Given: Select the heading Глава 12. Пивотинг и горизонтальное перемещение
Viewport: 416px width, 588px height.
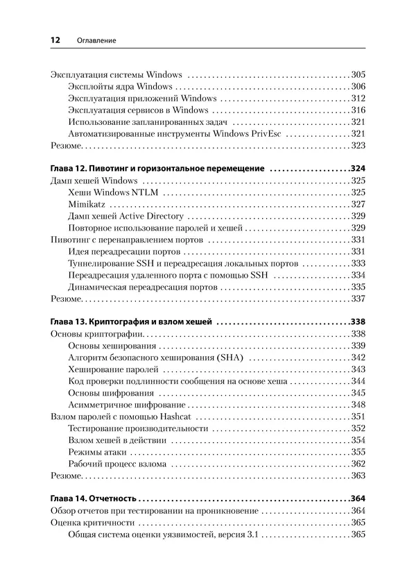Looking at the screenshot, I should [158, 169].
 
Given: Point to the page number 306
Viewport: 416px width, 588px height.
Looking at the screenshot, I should [358, 87].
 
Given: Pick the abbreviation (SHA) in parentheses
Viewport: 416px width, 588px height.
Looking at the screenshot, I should [232, 358].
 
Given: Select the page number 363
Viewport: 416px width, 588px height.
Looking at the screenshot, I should [358, 476].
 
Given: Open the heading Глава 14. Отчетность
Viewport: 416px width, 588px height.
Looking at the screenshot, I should [94, 499].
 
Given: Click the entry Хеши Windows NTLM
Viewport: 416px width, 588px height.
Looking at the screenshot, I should [110, 192].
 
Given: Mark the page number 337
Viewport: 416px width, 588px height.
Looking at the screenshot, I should [358, 299].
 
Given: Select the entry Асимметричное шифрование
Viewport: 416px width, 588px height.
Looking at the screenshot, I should [127, 405].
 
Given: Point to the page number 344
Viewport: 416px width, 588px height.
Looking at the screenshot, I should [358, 381].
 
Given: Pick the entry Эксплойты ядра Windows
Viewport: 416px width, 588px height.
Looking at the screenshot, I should [120, 87].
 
